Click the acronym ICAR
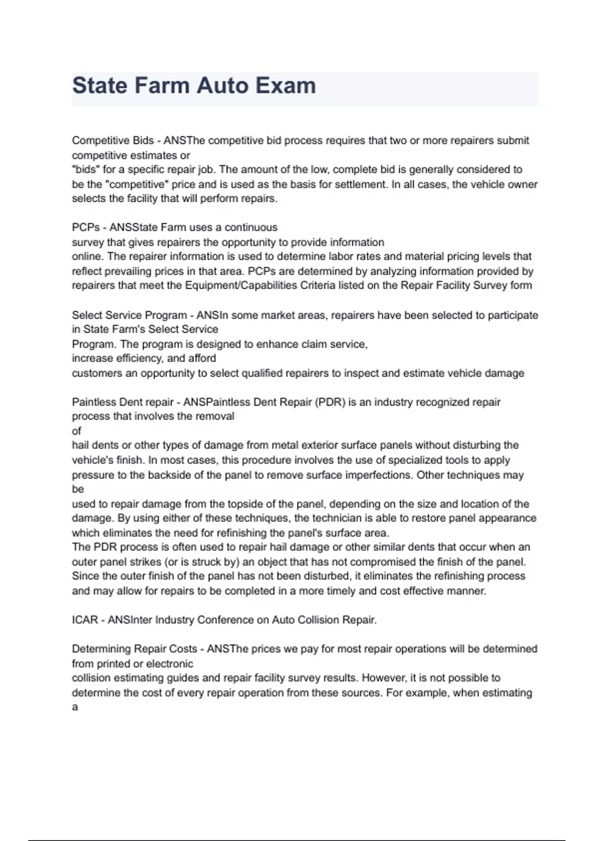point(85,620)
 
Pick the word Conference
point(225,620)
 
